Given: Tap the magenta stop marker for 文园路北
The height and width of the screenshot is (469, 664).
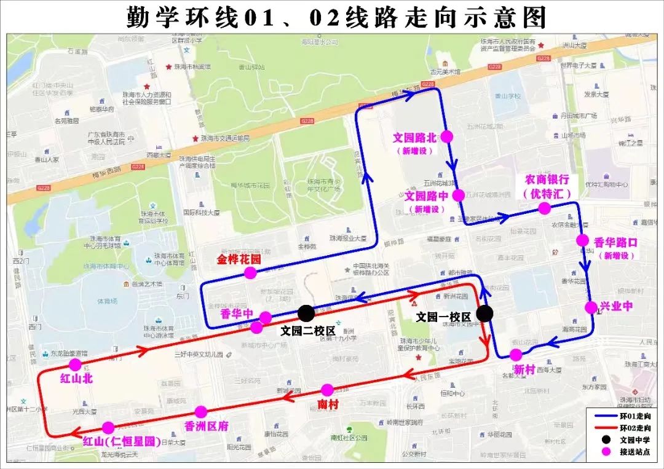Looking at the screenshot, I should pyautogui.click(x=446, y=136).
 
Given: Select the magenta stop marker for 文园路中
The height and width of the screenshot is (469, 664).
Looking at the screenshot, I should pyautogui.click(x=458, y=195).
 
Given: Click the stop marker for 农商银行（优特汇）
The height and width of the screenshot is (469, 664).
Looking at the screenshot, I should pyautogui.click(x=544, y=208).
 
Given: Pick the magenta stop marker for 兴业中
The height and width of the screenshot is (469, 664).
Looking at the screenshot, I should pyautogui.click(x=591, y=307).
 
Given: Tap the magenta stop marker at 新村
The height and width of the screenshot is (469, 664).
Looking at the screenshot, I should pyautogui.click(x=516, y=355).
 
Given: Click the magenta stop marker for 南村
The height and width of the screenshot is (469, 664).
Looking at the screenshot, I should pyautogui.click(x=327, y=390).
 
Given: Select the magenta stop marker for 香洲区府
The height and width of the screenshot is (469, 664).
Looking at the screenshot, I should pyautogui.click(x=200, y=411).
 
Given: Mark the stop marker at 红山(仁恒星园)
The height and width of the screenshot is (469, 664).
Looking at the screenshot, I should pyautogui.click(x=108, y=427).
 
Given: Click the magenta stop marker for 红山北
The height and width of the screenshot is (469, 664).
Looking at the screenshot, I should pyautogui.click(x=75, y=365).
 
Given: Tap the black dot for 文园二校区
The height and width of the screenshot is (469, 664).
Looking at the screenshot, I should pyautogui.click(x=306, y=313).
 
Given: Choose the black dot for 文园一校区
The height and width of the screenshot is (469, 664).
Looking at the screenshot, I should pyautogui.click(x=485, y=313).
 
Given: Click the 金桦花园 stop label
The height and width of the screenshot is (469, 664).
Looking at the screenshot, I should pyautogui.click(x=239, y=259).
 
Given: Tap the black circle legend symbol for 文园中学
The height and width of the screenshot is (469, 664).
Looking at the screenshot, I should pyautogui.click(x=606, y=439).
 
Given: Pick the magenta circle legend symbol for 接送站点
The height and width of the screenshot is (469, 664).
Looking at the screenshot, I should pyautogui.click(x=606, y=451).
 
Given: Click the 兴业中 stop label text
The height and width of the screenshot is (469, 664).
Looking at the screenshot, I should pyautogui.click(x=616, y=306).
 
